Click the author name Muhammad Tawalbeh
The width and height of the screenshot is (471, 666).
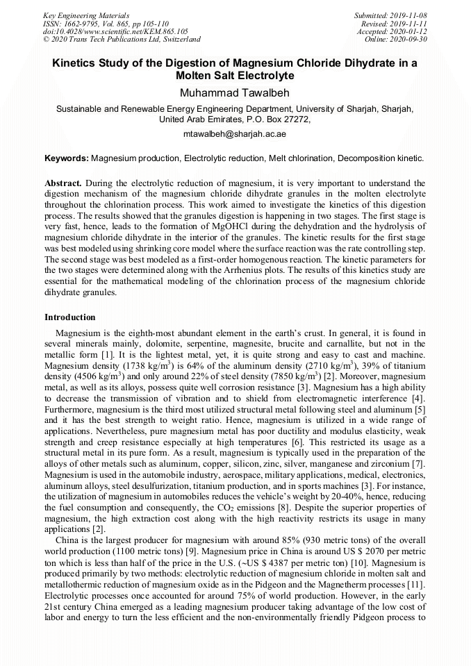coord(235,92)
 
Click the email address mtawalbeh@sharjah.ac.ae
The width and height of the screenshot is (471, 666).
coord(235,133)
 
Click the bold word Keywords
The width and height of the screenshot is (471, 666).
coord(67,158)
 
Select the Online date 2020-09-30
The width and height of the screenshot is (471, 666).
coord(411,39)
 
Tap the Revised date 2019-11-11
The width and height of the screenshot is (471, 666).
coord(411,24)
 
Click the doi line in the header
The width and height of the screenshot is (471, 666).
coord(115,31)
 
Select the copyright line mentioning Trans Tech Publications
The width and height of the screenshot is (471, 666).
coord(122,39)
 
